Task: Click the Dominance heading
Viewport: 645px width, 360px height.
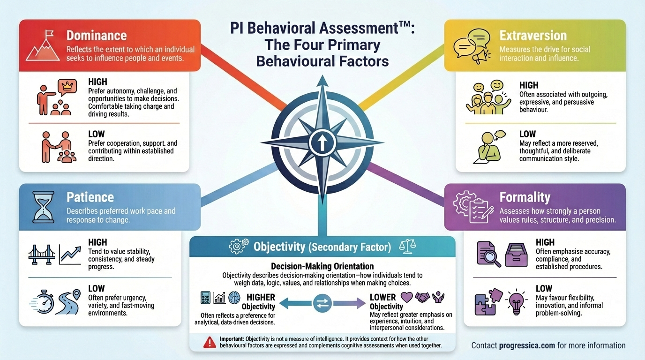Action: tap(97, 36)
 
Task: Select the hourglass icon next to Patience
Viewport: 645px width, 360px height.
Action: tap(43, 206)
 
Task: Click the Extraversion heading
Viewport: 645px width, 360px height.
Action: tap(533, 36)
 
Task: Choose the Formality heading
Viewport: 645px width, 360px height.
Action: tap(525, 197)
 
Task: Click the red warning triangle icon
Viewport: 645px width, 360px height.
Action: tap(210, 343)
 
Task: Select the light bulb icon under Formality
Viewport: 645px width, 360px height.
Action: tap(517, 301)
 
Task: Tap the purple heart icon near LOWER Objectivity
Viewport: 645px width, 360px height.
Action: tap(407, 297)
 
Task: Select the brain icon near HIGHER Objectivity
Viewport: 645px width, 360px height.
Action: tap(234, 297)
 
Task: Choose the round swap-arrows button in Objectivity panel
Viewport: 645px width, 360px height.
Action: tap(322, 303)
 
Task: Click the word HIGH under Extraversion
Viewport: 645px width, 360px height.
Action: tap(529, 85)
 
